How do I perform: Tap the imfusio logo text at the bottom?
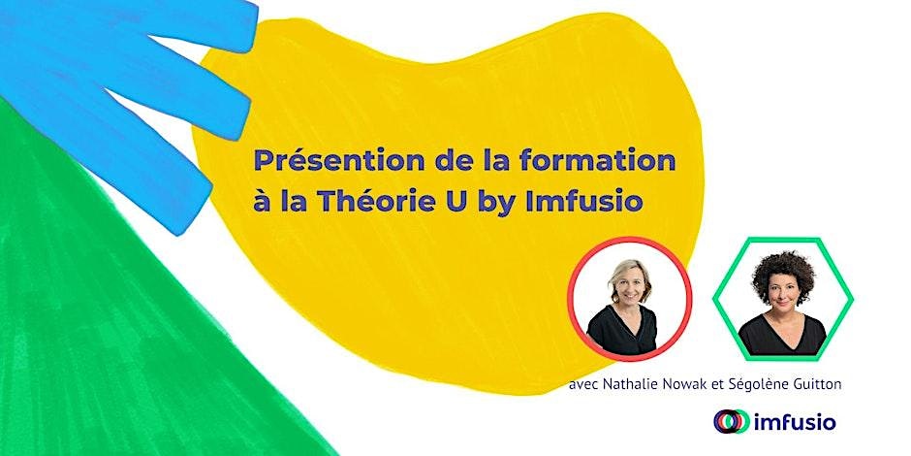tap(795, 422)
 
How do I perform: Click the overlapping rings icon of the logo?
tap(732, 422)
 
